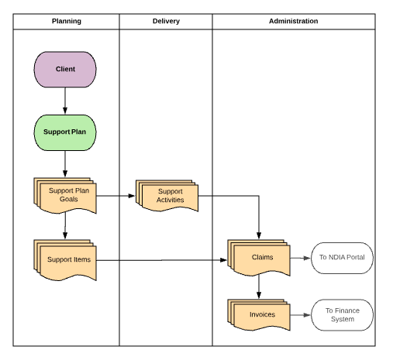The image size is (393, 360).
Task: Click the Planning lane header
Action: click(66, 21)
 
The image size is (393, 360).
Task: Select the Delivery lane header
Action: click(166, 21)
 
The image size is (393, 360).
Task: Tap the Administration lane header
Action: click(293, 21)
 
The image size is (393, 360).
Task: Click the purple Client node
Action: click(65, 69)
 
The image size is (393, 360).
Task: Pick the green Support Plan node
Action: click(65, 132)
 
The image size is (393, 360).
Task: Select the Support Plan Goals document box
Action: click(64, 195)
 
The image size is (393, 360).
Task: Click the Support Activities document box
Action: click(168, 196)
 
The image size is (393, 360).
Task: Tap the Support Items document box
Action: click(64, 259)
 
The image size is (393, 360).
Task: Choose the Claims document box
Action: click(258, 258)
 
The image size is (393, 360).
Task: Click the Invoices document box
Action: click(258, 315)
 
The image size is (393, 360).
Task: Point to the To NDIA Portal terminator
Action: click(342, 258)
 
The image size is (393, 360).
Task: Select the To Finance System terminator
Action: click(342, 315)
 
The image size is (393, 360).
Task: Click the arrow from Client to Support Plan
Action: click(65, 100)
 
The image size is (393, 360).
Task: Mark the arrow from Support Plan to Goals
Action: click(65, 163)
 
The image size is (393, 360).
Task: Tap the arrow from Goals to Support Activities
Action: click(116, 196)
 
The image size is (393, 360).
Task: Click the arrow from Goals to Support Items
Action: click(65, 227)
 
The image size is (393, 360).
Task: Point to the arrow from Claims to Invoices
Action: click(258, 287)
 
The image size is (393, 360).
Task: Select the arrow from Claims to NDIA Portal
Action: click(298, 258)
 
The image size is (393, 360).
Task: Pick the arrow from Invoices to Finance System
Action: click(299, 315)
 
